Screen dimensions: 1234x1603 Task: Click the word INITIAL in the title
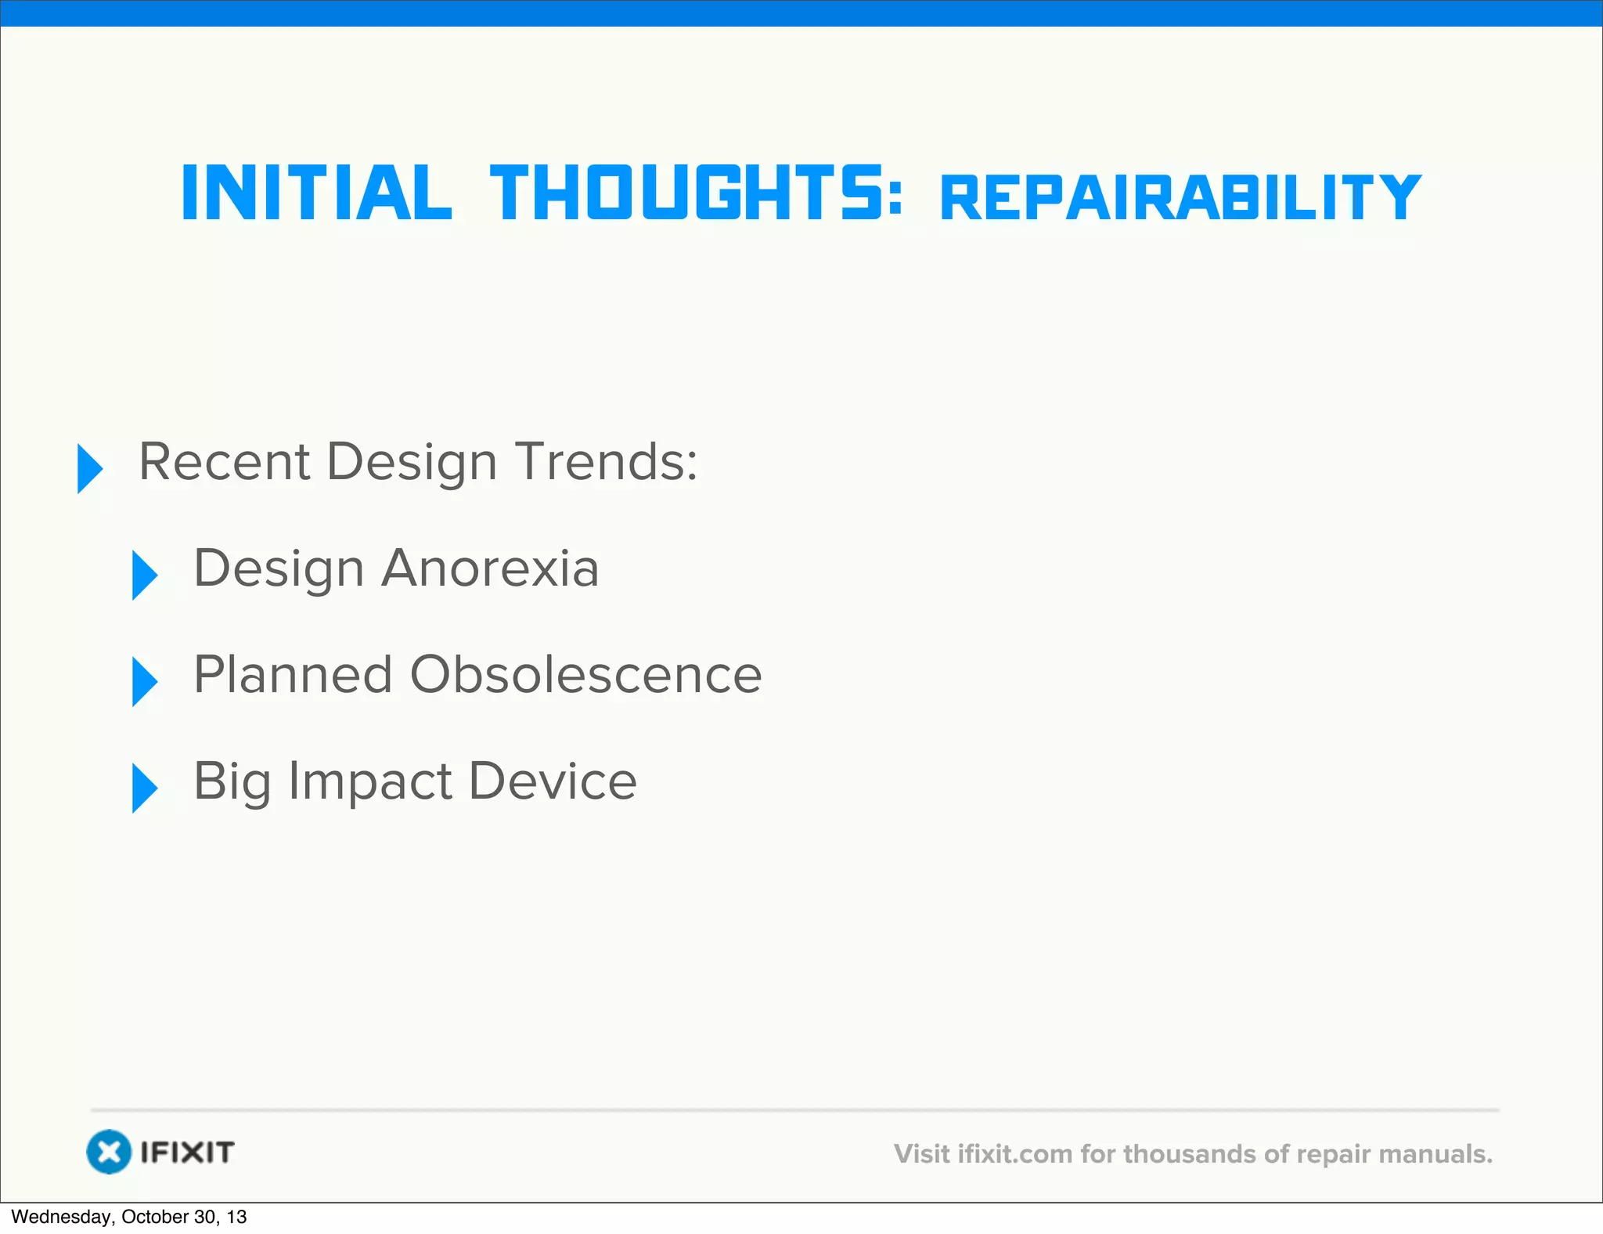(316, 193)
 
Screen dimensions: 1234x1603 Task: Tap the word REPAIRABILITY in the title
(1180, 198)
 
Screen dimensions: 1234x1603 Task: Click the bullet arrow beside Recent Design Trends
(89, 468)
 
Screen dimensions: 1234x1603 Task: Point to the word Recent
(224, 461)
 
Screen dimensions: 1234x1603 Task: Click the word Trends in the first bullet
(605, 461)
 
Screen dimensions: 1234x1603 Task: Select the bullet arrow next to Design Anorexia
(144, 575)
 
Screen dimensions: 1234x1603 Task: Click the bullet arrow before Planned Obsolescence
(144, 681)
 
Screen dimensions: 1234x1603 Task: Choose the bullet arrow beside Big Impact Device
(144, 788)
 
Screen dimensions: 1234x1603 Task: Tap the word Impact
(369, 782)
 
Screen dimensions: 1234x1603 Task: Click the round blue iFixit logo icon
(108, 1152)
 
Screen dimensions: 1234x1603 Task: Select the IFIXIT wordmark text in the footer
(187, 1152)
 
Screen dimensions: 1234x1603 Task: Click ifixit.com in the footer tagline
(1015, 1154)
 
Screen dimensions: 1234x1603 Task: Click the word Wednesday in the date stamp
(62, 1217)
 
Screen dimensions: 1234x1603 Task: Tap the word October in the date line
(155, 1217)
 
